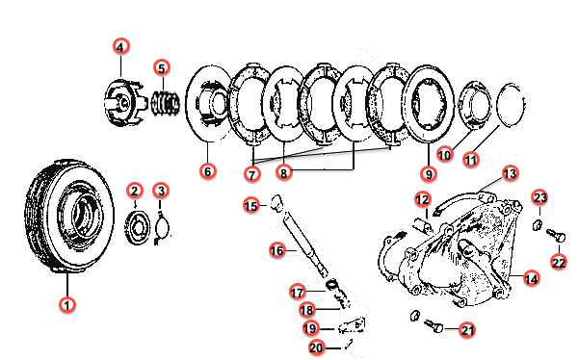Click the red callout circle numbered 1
coord(67,305)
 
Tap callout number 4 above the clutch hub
coord(121,47)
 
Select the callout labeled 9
coord(429,173)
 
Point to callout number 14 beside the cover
coord(531,279)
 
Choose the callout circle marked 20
coord(316,347)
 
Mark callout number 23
coord(540,198)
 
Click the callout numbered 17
coord(297,293)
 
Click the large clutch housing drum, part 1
coord(69,217)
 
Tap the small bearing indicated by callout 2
coord(138,228)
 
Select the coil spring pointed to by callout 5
coord(166,103)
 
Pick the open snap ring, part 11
coord(511,105)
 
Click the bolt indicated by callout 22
coord(556,235)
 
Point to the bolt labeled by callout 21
coord(433,325)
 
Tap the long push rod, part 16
coord(305,246)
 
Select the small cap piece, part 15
coord(276,203)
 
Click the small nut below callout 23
coord(538,224)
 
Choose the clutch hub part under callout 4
coord(122,102)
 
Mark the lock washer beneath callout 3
coord(162,228)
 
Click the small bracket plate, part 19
coord(352,325)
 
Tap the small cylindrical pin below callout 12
coord(423,225)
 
